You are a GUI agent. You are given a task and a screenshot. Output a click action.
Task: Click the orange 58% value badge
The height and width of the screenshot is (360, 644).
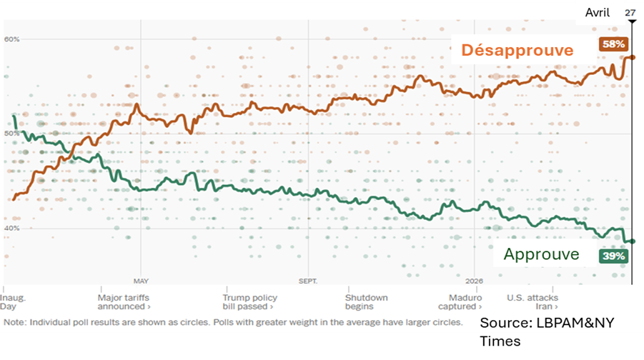613,44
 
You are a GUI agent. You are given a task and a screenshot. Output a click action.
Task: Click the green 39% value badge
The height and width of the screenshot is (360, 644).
613,256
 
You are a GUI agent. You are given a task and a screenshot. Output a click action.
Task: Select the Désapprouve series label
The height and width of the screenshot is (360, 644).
517,50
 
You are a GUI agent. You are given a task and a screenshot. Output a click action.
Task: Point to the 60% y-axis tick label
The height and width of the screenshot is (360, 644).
11,39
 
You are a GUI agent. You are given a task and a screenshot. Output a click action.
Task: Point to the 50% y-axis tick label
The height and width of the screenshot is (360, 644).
11,134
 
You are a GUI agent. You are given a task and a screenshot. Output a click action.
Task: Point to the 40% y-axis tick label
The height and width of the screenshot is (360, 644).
11,229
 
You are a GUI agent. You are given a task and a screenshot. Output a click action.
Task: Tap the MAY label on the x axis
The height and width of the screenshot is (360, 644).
141,281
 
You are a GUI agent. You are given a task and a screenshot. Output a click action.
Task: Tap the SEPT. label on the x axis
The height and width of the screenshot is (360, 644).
308,281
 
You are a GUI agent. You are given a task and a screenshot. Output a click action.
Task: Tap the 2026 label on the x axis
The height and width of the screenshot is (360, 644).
475,281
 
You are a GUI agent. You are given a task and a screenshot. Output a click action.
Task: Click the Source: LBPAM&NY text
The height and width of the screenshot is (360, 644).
547,323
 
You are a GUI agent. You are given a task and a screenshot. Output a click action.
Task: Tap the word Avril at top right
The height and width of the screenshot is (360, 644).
598,13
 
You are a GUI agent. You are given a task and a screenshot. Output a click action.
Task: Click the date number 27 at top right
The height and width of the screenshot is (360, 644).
630,13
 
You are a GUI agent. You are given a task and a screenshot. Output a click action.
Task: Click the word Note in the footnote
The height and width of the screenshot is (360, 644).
14,322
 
